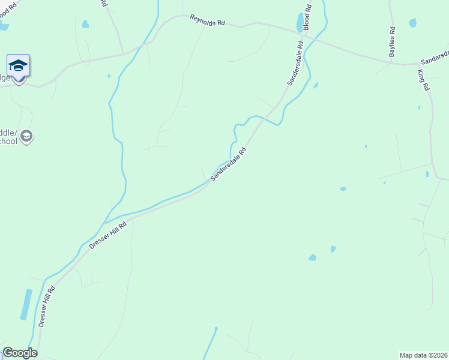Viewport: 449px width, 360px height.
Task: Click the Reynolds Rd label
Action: tap(207, 20)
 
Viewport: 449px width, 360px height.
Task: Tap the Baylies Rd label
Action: tap(392, 42)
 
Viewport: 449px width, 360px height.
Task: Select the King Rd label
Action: tap(424, 79)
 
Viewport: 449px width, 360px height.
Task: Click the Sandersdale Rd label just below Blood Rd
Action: tap(295, 63)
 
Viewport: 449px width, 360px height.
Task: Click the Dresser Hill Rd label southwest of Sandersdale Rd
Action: tap(108, 235)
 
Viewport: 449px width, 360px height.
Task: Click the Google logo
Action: tap(20, 353)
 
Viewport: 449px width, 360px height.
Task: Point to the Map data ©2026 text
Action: tap(423, 355)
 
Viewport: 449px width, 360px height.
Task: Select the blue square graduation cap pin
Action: tap(18, 66)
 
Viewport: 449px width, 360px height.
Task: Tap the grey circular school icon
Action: tap(26, 136)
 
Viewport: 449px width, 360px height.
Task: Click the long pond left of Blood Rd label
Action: tap(300, 23)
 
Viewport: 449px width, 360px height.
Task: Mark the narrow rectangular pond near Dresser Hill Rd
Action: tap(26, 305)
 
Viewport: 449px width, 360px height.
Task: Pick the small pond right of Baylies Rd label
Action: tap(412, 23)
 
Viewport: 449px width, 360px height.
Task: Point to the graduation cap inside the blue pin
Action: tap(18, 64)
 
